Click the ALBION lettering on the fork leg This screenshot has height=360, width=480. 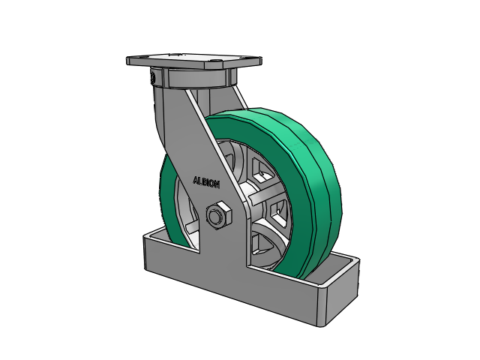tap(206, 181)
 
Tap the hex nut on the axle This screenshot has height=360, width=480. tap(218, 215)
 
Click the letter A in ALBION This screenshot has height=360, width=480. tap(196, 180)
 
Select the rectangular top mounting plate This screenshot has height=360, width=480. tap(194, 61)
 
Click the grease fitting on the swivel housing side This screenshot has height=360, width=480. tap(152, 78)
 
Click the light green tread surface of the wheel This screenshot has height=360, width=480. tap(309, 172)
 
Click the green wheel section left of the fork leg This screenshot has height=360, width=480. tap(171, 199)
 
